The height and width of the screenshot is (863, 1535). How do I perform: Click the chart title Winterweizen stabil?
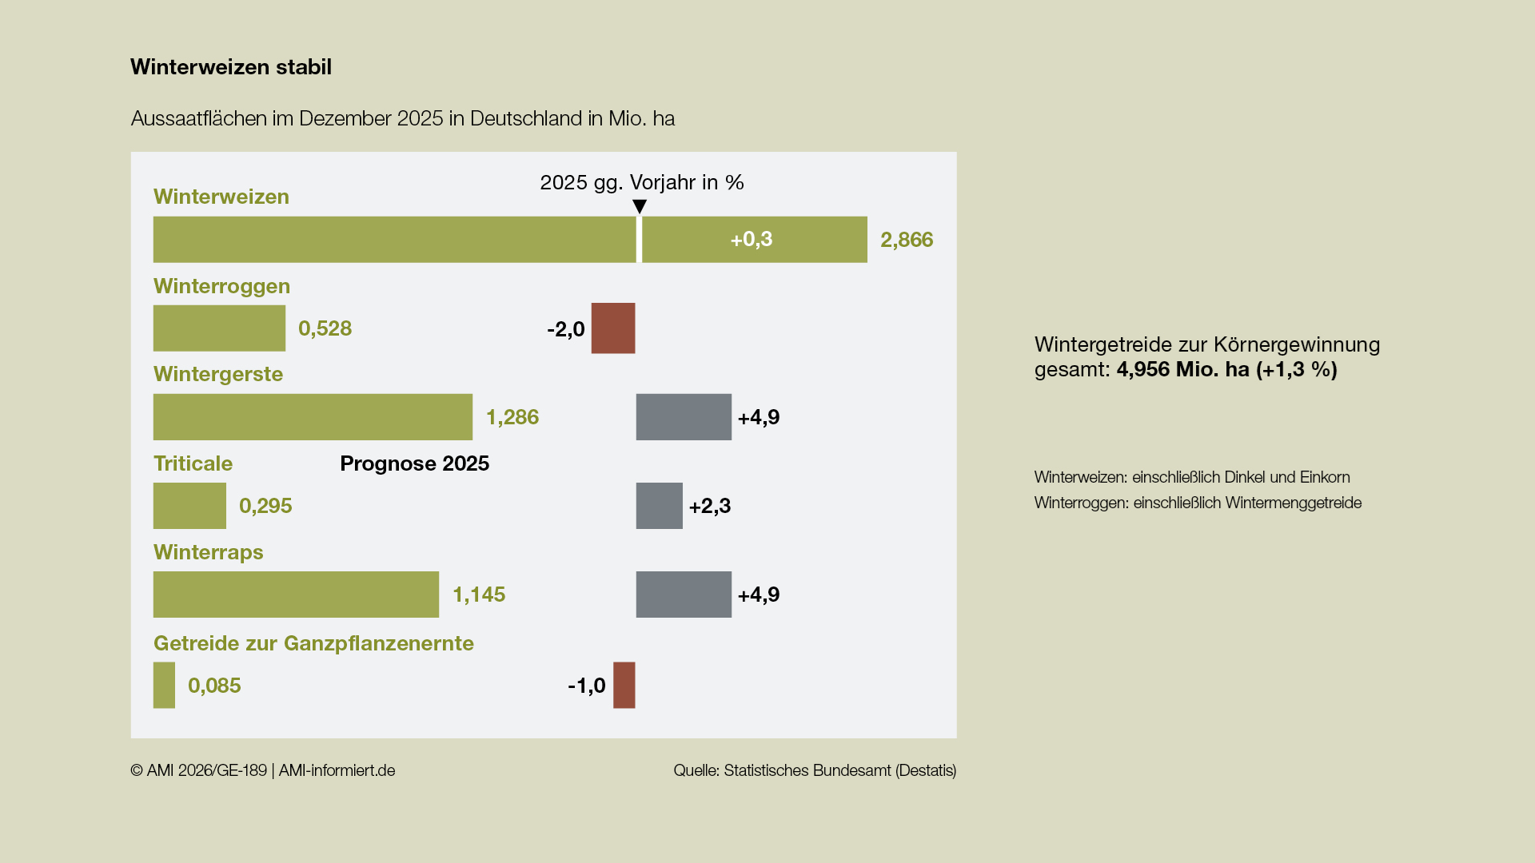(x=231, y=67)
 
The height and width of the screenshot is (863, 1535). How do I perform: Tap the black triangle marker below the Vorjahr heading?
(x=640, y=207)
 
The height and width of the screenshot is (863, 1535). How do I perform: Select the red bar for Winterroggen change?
(x=613, y=328)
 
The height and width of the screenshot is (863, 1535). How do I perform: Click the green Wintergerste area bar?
(x=313, y=417)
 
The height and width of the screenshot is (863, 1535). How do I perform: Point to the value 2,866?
(x=907, y=240)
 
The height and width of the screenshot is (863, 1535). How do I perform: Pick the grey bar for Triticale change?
(x=660, y=506)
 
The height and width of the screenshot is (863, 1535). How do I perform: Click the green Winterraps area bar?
(x=296, y=595)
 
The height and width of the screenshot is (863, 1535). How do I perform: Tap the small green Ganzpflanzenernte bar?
(x=164, y=686)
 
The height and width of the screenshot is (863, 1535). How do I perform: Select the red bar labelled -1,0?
(x=624, y=686)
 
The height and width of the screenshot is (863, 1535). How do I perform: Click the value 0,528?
(x=325, y=328)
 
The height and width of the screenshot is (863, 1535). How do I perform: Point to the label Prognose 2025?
(x=414, y=463)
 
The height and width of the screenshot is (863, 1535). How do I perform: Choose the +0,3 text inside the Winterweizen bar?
(x=752, y=240)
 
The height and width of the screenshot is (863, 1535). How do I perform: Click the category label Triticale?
(x=193, y=463)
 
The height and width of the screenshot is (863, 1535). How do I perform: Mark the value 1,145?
(x=479, y=595)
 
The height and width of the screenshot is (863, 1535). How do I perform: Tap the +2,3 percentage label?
(x=710, y=506)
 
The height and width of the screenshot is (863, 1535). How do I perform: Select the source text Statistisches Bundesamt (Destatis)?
(x=839, y=770)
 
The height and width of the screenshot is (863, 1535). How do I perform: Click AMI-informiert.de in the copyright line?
(x=337, y=770)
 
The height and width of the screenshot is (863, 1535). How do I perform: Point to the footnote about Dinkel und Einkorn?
(x=1192, y=477)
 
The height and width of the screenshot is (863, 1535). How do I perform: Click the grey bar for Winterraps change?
(x=684, y=595)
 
